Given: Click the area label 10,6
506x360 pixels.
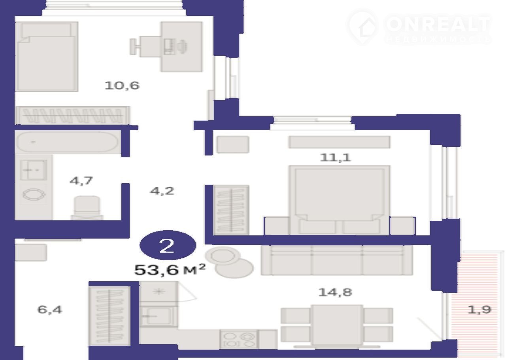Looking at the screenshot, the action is coord(122,86).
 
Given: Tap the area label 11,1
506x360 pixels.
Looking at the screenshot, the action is coord(336,157).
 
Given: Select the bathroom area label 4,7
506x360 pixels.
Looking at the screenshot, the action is coord(81,181).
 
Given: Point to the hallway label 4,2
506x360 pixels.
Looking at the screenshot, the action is coord(162,191).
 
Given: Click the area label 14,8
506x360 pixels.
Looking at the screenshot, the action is coord(335,292).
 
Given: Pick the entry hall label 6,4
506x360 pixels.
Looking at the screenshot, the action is coord(50,310).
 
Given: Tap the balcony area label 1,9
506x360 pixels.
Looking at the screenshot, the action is coord(480,310).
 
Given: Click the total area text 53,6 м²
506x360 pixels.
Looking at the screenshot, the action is coord(170,270).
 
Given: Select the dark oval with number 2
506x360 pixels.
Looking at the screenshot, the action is coord(168,245).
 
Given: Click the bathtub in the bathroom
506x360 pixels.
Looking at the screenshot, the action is coord(68,142).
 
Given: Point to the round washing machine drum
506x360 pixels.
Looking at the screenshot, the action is coord(34,195).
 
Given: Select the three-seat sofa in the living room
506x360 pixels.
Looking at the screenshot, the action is coord(337,260).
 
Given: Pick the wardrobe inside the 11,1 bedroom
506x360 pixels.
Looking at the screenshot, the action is coord(231,210).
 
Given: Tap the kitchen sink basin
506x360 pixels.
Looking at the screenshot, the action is coord(159,316).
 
